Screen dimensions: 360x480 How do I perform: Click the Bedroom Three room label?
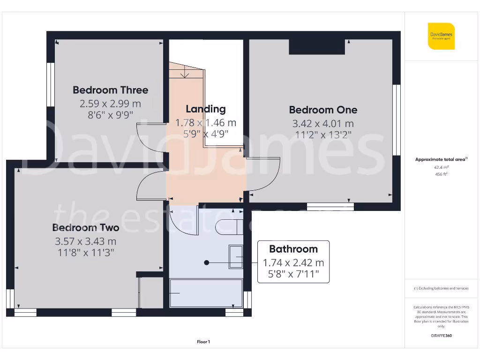click(x=110, y=90)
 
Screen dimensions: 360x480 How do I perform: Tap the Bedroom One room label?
click(x=323, y=110)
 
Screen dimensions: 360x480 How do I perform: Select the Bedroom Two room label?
click(x=86, y=228)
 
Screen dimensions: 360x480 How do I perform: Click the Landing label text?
click(x=205, y=109)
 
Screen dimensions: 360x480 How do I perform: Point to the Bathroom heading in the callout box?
click(x=293, y=249)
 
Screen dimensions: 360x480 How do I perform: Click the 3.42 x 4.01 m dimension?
click(x=323, y=124)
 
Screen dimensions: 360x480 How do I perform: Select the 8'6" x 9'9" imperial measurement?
click(x=110, y=114)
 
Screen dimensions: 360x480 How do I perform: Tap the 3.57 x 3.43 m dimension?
click(x=86, y=241)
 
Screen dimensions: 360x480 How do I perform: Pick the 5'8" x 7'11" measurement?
click(x=293, y=274)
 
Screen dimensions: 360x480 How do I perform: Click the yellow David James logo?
click(x=441, y=36)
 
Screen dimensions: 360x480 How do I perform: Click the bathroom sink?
click(x=235, y=257)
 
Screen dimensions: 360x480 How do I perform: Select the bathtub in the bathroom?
click(x=206, y=293)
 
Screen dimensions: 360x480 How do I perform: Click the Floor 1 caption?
click(x=203, y=342)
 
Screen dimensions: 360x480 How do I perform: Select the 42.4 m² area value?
click(x=441, y=167)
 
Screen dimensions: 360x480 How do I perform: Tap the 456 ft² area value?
click(x=441, y=174)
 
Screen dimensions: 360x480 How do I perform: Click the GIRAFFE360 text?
click(x=441, y=336)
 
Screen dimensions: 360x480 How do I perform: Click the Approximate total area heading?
click(x=441, y=159)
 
